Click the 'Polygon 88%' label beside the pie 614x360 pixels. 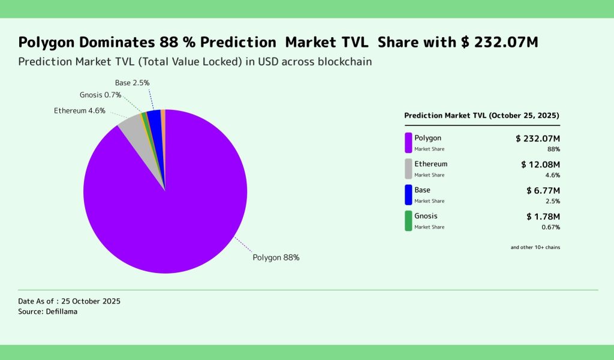276,257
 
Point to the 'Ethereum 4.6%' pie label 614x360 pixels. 80,110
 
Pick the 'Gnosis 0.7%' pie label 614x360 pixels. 101,95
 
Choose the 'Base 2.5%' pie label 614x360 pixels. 132,82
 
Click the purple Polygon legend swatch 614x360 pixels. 408,143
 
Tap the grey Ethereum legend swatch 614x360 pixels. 408,169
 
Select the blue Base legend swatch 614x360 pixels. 408,194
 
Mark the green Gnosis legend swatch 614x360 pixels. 408,220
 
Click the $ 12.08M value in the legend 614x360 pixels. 540,164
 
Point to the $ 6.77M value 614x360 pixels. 543,190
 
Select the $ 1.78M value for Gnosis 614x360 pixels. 543,216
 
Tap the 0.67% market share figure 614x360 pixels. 550,227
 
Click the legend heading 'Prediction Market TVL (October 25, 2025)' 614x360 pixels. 482,115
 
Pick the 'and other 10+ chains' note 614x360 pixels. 535,247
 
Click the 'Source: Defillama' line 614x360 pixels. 48,312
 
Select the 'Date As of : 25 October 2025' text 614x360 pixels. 70,301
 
